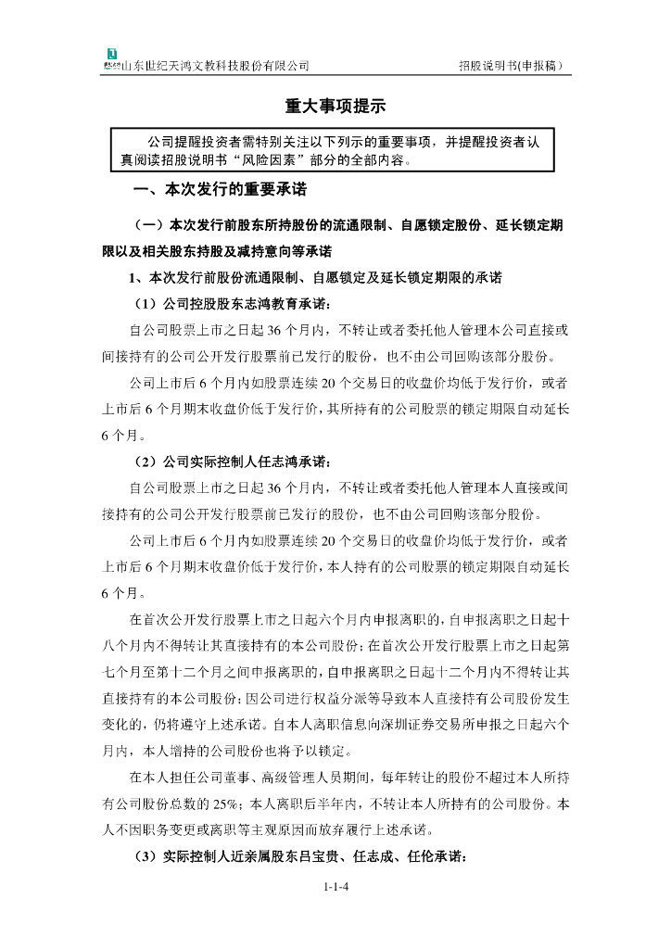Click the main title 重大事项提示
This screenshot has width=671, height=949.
(x=335, y=107)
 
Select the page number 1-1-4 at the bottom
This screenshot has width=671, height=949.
(x=335, y=887)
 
